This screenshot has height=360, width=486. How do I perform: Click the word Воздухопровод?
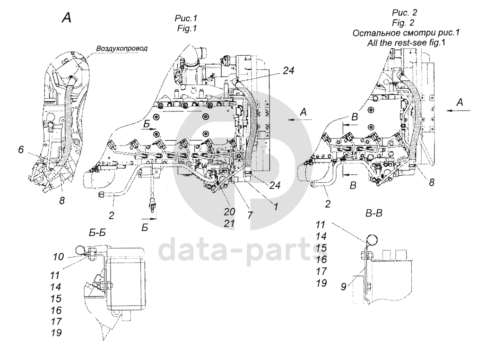pos(122,48)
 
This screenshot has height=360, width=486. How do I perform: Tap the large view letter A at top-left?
pos(67,17)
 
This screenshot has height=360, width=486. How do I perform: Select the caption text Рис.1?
pos(186,18)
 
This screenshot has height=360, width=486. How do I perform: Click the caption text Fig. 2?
pos(403,23)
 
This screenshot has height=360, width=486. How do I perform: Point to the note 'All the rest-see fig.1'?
pos(407,43)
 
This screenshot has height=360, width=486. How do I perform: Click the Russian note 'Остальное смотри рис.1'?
pos(406,33)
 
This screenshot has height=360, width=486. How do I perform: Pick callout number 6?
pos(21,150)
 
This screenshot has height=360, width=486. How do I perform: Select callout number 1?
pos(276,206)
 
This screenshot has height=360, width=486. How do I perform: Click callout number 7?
pos(250,215)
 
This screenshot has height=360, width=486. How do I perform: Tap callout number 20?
pos(230,212)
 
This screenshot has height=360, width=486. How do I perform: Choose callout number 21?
pos(229,223)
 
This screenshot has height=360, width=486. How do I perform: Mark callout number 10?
pos(58,257)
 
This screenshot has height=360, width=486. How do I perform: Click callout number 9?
pos(343,287)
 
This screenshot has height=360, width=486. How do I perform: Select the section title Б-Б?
pos(97,232)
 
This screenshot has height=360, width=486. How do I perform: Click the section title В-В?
pos(374,213)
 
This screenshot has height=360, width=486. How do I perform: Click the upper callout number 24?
pos(288,71)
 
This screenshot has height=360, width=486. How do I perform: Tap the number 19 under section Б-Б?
pos(56,333)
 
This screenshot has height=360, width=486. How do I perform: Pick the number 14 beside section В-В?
pos(321,236)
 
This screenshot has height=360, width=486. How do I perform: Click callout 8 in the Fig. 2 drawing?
pos(432,182)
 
